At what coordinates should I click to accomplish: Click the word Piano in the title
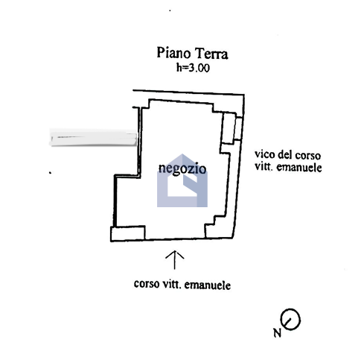173,53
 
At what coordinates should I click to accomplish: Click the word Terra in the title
211,54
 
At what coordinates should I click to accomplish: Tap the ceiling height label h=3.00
193,68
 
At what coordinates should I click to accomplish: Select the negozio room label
182,168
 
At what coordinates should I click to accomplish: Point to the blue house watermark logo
182,180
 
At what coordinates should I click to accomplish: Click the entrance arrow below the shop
175,259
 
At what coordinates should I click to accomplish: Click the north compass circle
290,319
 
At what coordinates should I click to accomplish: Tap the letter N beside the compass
278,332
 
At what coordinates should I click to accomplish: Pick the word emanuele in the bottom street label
208,285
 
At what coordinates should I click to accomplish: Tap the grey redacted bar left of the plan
93,137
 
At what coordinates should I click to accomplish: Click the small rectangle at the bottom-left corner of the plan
128,233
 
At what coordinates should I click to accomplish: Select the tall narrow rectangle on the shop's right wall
229,128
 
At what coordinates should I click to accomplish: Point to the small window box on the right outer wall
238,129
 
